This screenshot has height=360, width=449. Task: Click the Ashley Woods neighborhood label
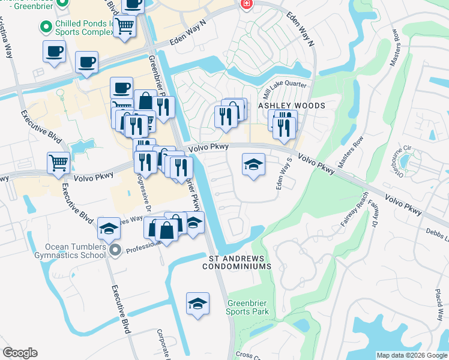[292, 106]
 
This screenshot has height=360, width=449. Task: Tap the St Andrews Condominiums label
[240, 262]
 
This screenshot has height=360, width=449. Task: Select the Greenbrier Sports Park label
[247, 307]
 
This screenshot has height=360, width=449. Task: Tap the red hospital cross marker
[246, 5]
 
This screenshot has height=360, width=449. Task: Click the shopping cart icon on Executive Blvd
[58, 162]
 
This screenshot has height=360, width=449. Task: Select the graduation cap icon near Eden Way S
[253, 164]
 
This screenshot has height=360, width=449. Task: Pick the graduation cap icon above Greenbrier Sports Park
[197, 302]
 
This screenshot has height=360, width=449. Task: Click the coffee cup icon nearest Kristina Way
[54, 51]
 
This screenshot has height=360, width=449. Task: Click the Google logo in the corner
[20, 353]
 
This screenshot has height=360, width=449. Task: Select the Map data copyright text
[412, 355]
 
